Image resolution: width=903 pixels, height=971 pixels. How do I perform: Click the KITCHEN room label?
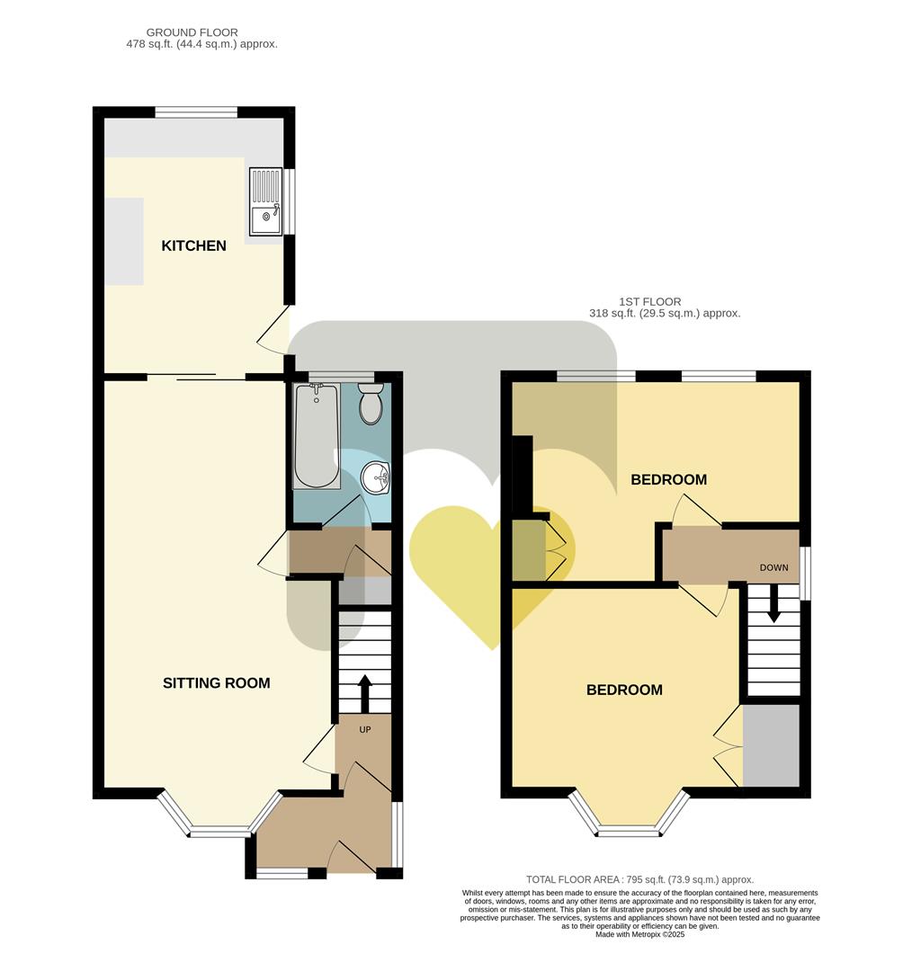[x=193, y=245]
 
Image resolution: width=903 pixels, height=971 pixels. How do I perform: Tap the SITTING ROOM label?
[x=216, y=683]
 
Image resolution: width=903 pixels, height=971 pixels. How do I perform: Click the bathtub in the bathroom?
[x=316, y=435]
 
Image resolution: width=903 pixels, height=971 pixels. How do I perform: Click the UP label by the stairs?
[x=364, y=729]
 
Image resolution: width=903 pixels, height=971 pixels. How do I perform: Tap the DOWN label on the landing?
[x=773, y=568]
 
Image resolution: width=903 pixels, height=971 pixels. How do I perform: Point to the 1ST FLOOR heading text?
[x=649, y=302]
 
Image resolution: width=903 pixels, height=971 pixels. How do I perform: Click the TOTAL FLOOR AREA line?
[x=639, y=879]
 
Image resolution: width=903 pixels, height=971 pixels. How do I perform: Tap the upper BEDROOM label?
[x=668, y=480]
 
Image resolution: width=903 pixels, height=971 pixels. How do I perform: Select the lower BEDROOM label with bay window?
[x=624, y=690]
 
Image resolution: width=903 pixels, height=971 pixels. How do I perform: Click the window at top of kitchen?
[x=195, y=112]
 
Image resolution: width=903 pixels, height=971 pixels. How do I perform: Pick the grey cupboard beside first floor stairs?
[x=771, y=745]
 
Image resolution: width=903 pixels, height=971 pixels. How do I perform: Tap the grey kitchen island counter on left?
[x=124, y=241]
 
